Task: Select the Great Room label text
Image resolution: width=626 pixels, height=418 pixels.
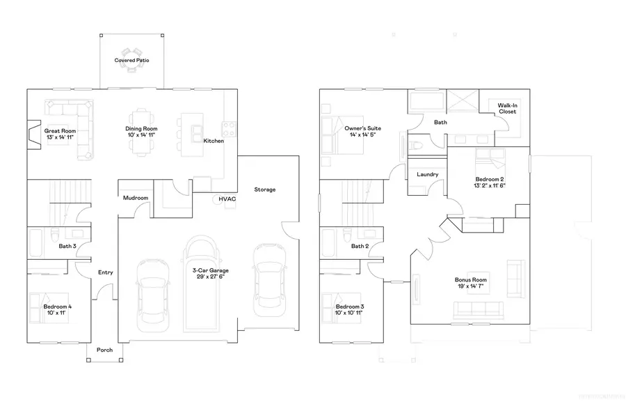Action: pyautogui.click(x=60, y=131)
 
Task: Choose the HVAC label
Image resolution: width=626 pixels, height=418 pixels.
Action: pyautogui.click(x=227, y=199)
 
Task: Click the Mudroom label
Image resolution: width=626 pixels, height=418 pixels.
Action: pyautogui.click(x=135, y=198)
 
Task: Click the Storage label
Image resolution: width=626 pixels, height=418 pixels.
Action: pyautogui.click(x=264, y=189)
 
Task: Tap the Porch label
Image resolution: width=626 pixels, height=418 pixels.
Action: pyautogui.click(x=104, y=350)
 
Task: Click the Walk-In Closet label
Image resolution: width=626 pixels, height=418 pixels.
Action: pyautogui.click(x=506, y=108)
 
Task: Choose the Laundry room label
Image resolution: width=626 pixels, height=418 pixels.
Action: pyautogui.click(x=426, y=175)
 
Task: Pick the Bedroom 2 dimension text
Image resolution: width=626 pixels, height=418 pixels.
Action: pyautogui.click(x=490, y=185)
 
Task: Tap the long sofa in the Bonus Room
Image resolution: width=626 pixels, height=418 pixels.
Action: pyautogui.click(x=477, y=309)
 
